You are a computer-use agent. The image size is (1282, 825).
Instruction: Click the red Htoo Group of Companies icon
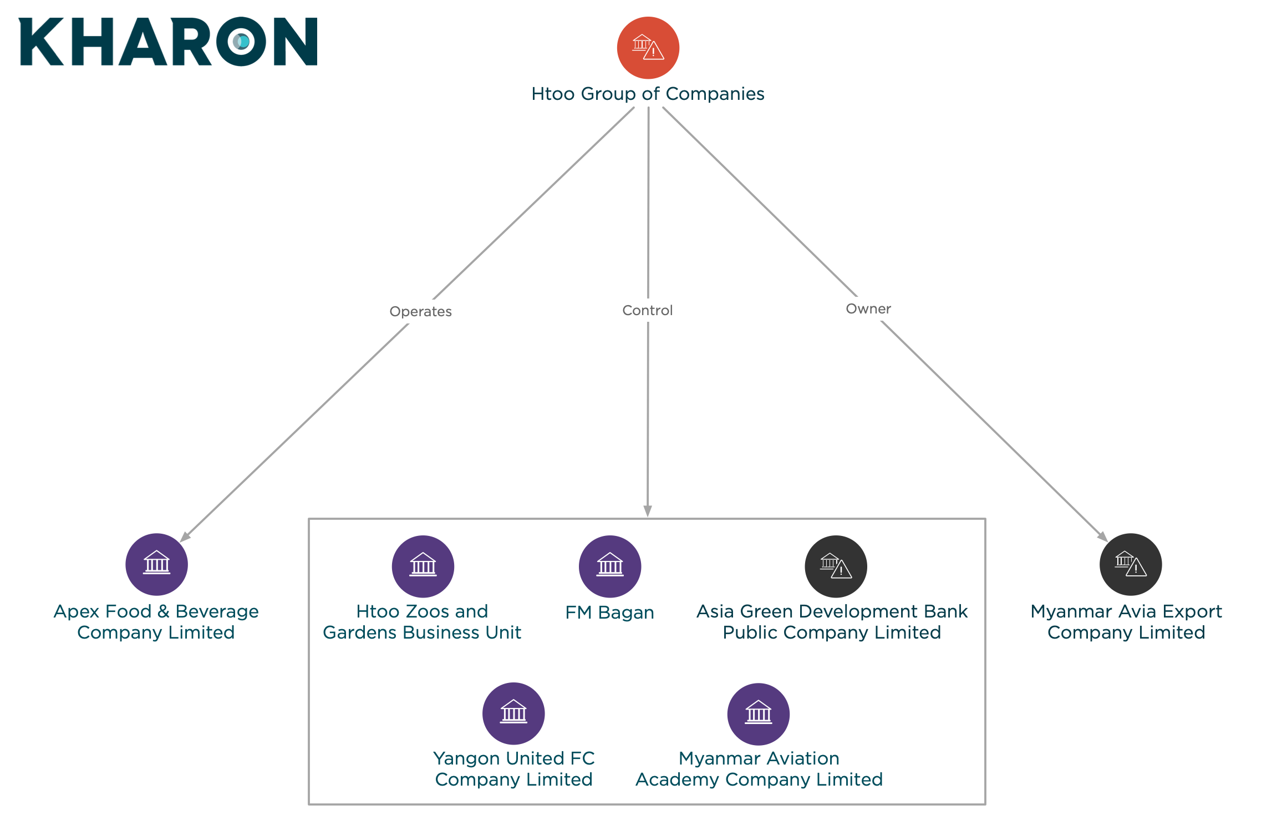648,48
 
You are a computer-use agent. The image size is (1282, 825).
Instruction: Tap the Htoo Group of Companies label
648,94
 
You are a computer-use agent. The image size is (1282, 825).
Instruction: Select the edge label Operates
420,311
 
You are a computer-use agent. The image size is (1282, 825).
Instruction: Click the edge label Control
648,310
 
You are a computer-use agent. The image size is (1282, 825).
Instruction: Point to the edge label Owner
868,308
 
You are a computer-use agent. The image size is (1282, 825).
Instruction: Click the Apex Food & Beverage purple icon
156,564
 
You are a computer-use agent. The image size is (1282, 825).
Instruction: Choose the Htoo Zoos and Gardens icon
423,566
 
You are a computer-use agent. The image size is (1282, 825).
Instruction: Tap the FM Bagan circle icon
610,566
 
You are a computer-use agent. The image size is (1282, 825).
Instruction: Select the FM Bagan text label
610,613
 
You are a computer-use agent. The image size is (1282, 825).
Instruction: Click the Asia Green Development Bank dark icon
836,566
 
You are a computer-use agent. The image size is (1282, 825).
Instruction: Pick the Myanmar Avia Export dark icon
1131,564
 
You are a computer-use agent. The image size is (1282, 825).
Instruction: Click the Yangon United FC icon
513,713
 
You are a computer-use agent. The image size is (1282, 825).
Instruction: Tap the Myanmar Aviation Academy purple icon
759,714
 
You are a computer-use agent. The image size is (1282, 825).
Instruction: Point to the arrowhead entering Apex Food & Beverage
186,536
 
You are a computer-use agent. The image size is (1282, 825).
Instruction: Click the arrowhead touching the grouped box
648,511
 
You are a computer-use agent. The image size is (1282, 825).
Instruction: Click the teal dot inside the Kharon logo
242,42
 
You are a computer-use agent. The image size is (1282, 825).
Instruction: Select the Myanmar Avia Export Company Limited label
1126,622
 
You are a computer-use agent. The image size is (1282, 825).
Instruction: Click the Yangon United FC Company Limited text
514,769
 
